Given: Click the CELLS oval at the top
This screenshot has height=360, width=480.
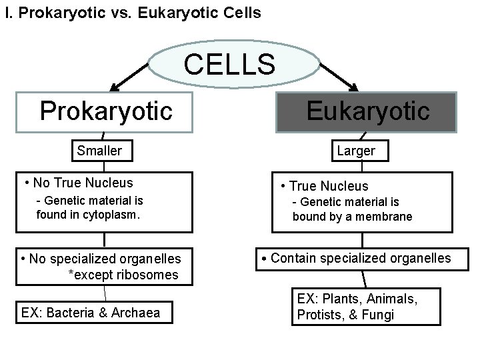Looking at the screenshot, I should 229,65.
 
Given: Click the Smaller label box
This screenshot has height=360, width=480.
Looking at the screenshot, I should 99,151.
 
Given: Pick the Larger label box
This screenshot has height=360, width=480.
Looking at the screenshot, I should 355,151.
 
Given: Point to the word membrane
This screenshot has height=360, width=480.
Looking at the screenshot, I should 386,216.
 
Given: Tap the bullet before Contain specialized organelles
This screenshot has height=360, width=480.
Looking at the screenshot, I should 264,259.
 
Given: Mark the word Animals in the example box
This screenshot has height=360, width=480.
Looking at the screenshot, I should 393,299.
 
